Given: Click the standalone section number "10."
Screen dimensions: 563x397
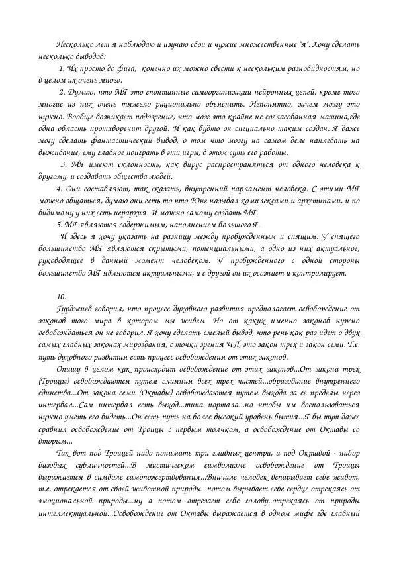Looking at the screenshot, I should (62, 295).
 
